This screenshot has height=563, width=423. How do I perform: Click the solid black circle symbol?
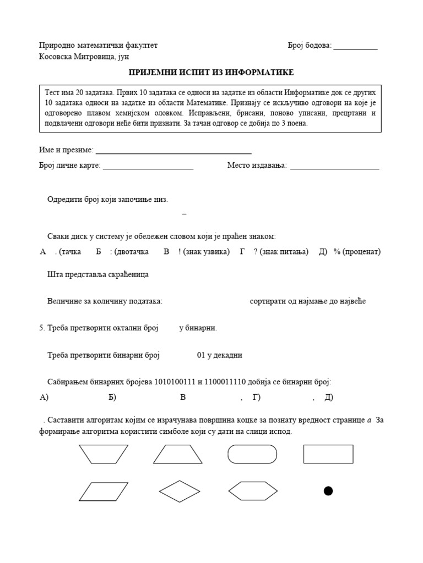[x=328, y=491]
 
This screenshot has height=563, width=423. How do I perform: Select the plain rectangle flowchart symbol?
[x=328, y=454]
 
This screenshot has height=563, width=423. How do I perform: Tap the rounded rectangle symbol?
[x=252, y=454]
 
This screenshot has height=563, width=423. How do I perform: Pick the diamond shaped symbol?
[x=179, y=490]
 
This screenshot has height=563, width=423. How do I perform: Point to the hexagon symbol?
[x=252, y=490]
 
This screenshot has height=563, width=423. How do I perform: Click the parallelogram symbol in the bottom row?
[x=104, y=490]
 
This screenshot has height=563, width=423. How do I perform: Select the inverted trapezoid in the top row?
[x=104, y=454]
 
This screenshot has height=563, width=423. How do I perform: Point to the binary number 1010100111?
[x=175, y=382]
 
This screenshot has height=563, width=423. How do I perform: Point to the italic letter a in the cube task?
[x=369, y=420]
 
